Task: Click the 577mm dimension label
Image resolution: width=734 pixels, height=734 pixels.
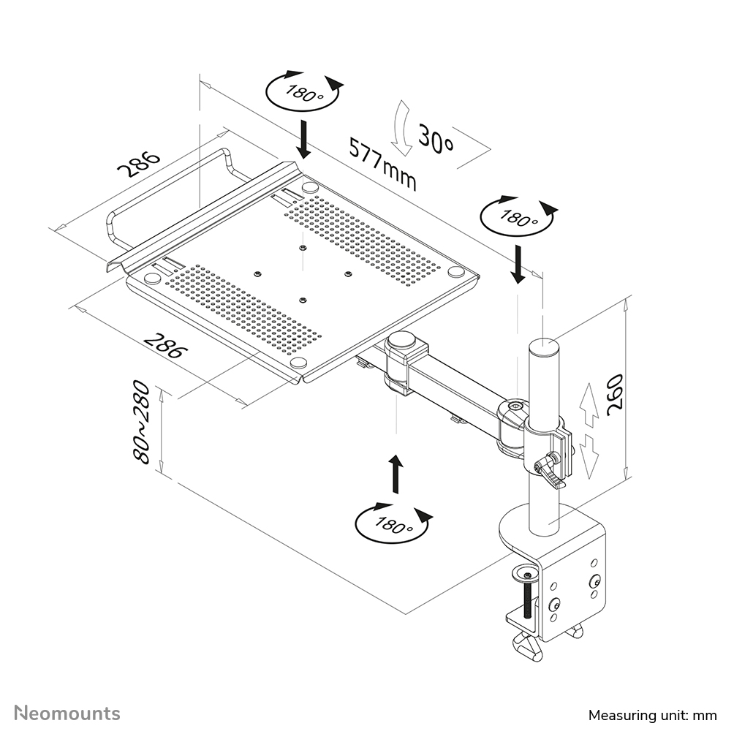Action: pos(382,164)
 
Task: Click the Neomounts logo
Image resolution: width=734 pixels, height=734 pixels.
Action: pos(68,713)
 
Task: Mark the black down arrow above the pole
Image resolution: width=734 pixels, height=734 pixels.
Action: pos(518,264)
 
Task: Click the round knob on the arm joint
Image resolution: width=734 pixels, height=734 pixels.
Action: pos(401,340)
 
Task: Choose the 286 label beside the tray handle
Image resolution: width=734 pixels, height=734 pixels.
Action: pos(138,165)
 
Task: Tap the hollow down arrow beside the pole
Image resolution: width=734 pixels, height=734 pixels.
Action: pos(591,455)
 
